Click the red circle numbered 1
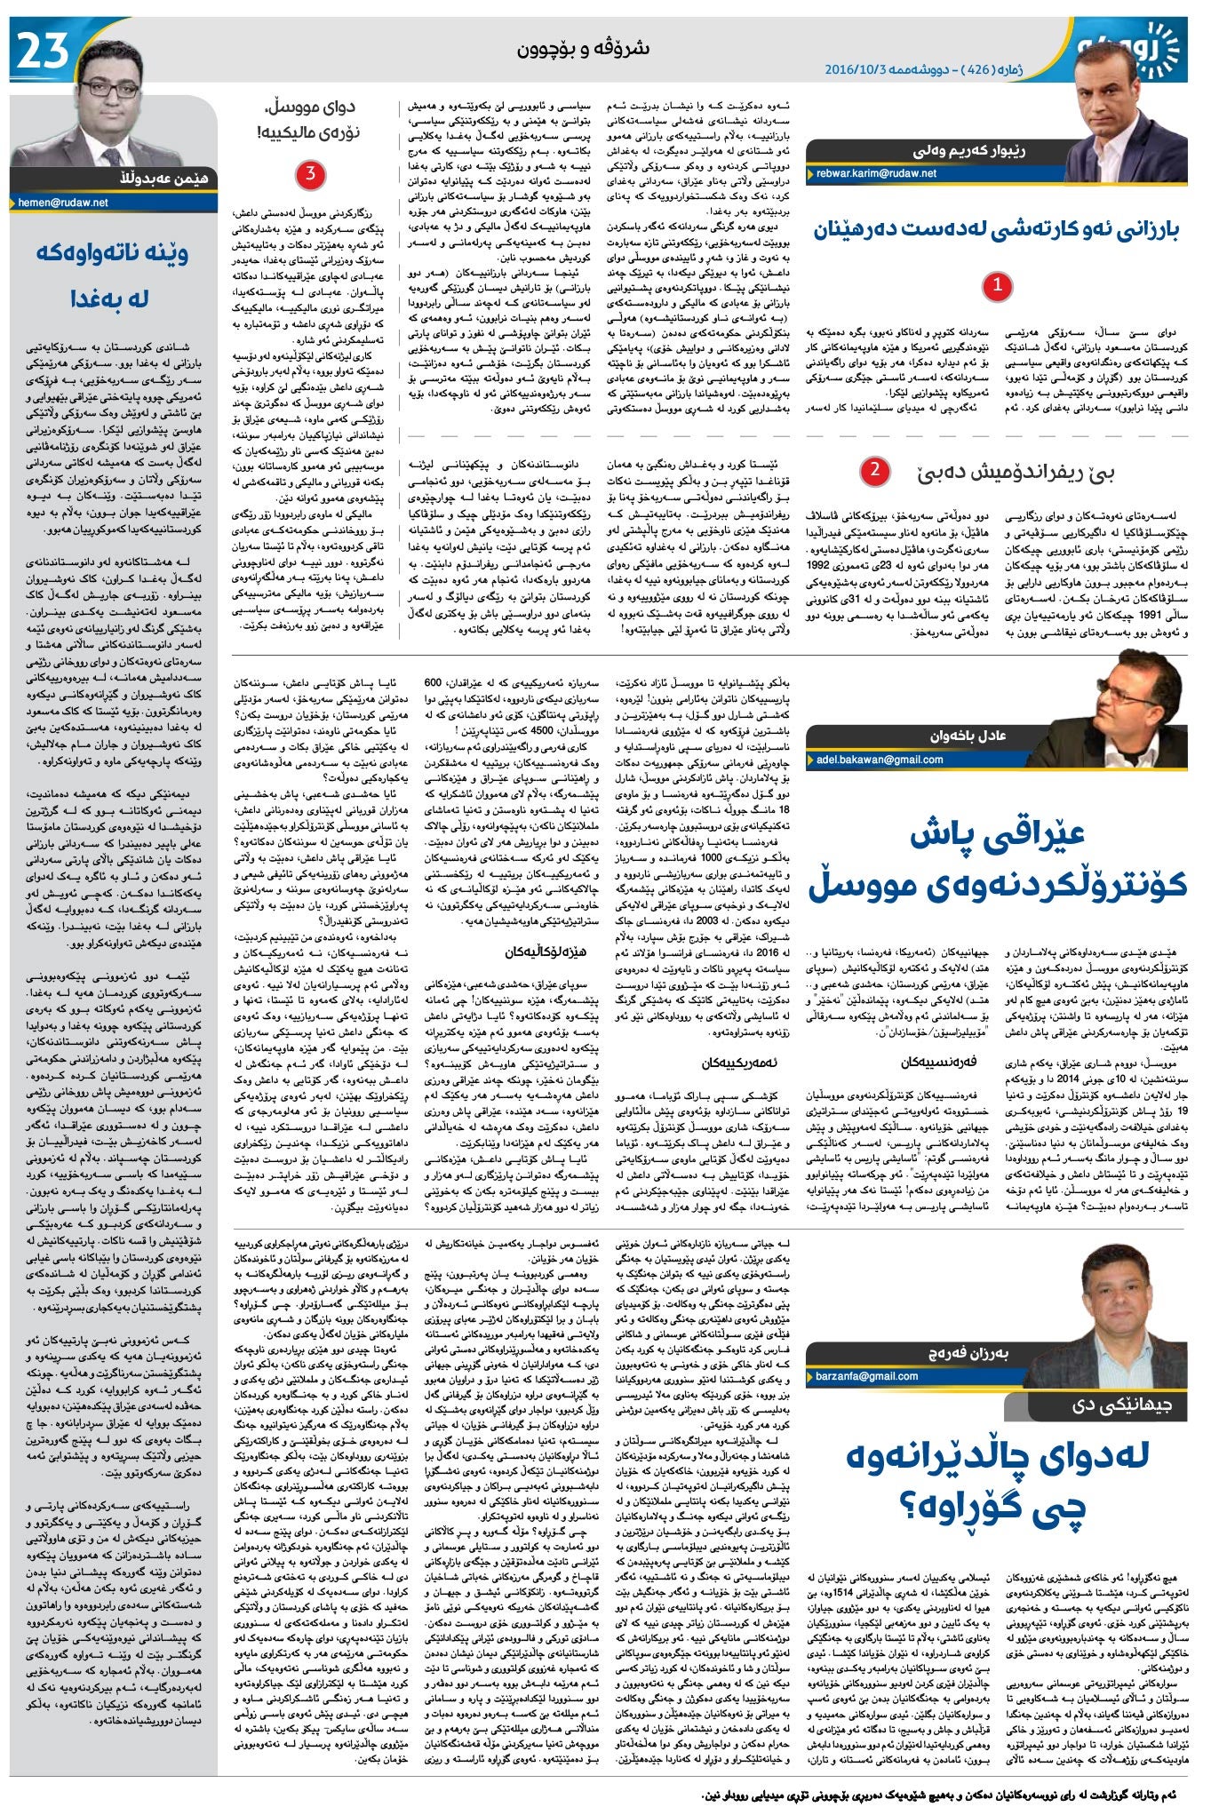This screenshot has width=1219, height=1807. click(998, 285)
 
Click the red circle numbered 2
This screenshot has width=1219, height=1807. click(874, 470)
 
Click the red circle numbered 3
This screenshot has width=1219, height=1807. click(310, 174)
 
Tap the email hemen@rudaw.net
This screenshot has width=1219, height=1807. click(63, 203)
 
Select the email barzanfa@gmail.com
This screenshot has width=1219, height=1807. click(867, 1376)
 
